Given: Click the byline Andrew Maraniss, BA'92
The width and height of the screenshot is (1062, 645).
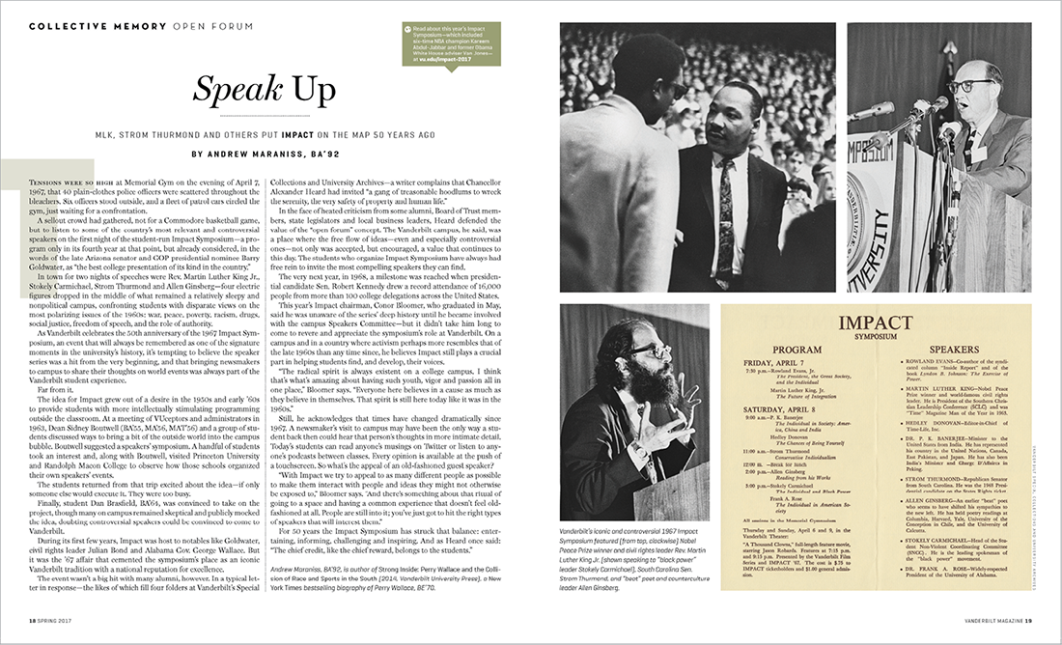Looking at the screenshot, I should point(266,153).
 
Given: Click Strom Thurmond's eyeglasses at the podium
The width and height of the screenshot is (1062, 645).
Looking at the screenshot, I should point(964,86).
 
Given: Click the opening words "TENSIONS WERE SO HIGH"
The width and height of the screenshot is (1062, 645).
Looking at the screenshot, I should point(70,181).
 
